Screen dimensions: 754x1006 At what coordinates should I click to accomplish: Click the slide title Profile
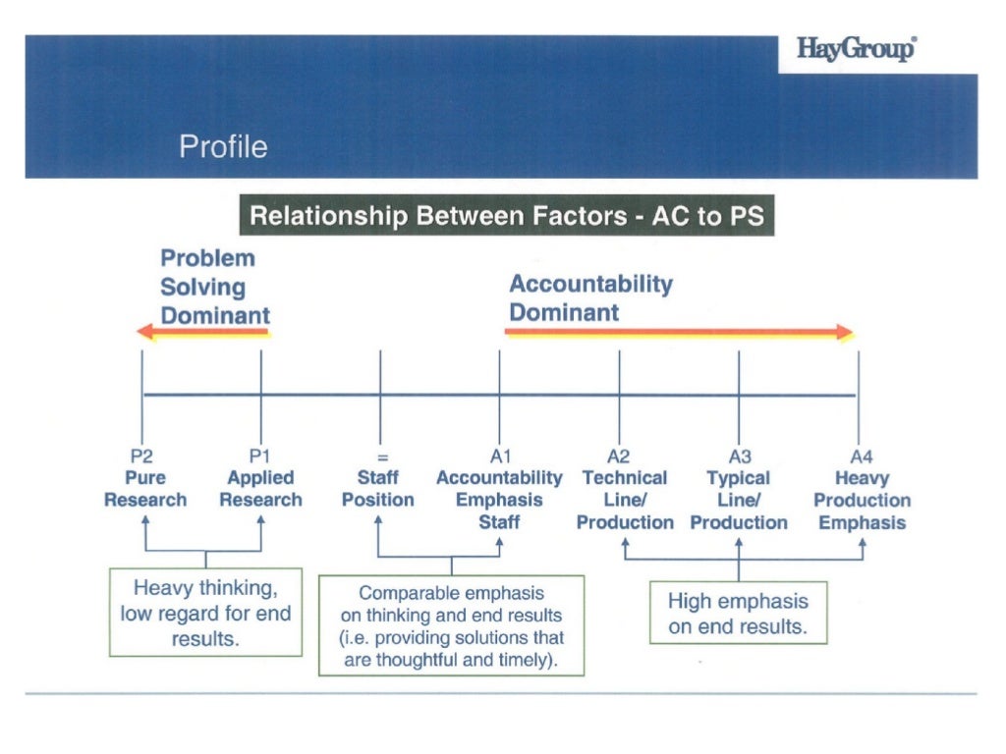pos(223,147)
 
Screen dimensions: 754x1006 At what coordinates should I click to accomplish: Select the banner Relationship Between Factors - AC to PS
pos(507,216)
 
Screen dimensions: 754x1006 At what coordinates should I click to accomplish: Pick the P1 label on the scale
pos(259,457)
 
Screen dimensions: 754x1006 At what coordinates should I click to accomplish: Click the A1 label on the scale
pos(499,457)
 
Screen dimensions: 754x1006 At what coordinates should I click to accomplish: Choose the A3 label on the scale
pos(739,457)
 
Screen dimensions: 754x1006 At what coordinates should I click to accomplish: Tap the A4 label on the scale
pos(861,457)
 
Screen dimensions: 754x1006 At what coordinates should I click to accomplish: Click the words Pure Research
pos(144,489)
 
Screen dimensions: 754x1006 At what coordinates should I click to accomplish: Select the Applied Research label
pos(260,489)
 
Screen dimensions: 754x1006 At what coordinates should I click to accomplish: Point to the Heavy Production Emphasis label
pos(862,501)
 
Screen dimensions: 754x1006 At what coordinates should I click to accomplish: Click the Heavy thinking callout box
pos(205,613)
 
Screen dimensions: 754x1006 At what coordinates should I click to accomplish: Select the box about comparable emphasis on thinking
pos(451,624)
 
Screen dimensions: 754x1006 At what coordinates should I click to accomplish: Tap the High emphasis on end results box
pos(738,614)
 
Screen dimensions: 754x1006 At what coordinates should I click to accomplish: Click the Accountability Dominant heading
pos(590,298)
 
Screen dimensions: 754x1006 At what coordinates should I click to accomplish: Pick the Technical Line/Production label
pos(625,501)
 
